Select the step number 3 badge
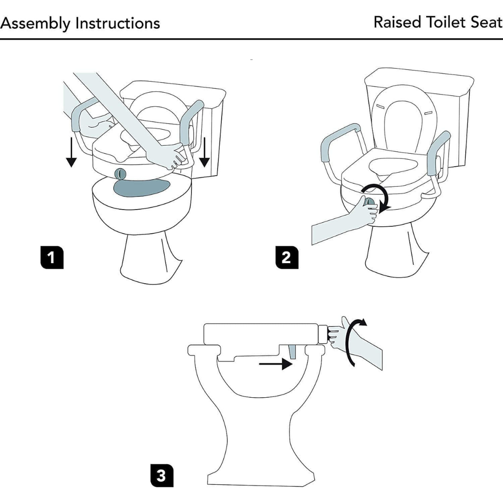point(161,476)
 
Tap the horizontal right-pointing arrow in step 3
point(276,365)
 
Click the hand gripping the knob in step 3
point(338,332)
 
